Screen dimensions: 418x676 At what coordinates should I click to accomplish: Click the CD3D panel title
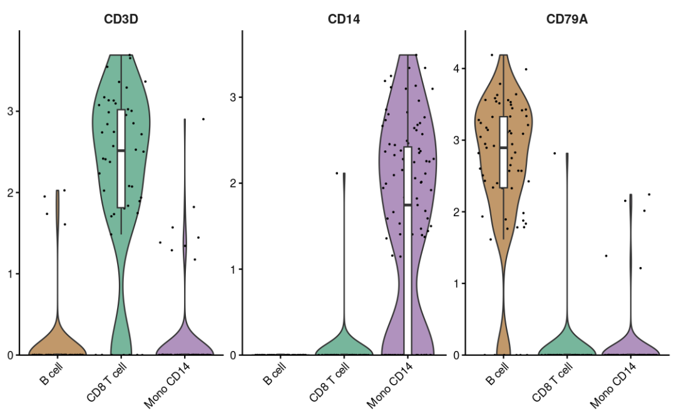pyautogui.click(x=121, y=19)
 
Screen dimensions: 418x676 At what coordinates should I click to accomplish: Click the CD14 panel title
pyautogui.click(x=344, y=19)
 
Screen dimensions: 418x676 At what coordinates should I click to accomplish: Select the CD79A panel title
pyautogui.click(x=566, y=19)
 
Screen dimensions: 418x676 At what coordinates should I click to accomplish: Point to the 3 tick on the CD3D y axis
pyautogui.click(x=11, y=111)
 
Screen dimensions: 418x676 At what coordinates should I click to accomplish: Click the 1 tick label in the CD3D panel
pyautogui.click(x=11, y=273)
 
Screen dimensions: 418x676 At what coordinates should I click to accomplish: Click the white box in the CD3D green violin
pyautogui.click(x=121, y=158)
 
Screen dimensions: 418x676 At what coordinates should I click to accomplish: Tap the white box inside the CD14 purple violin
pyautogui.click(x=407, y=251)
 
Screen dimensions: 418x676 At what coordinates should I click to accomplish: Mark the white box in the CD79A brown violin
pyautogui.click(x=503, y=152)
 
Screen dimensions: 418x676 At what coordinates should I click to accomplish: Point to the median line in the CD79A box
pyautogui.click(x=503, y=147)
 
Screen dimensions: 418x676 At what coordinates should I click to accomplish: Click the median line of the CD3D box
pyautogui.click(x=121, y=150)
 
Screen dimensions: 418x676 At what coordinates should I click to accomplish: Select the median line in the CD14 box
pyautogui.click(x=407, y=204)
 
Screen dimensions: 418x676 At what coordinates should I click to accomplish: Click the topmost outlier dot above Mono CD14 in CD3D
pyautogui.click(x=203, y=118)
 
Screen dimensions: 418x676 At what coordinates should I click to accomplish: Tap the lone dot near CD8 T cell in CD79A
pyautogui.click(x=554, y=153)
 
